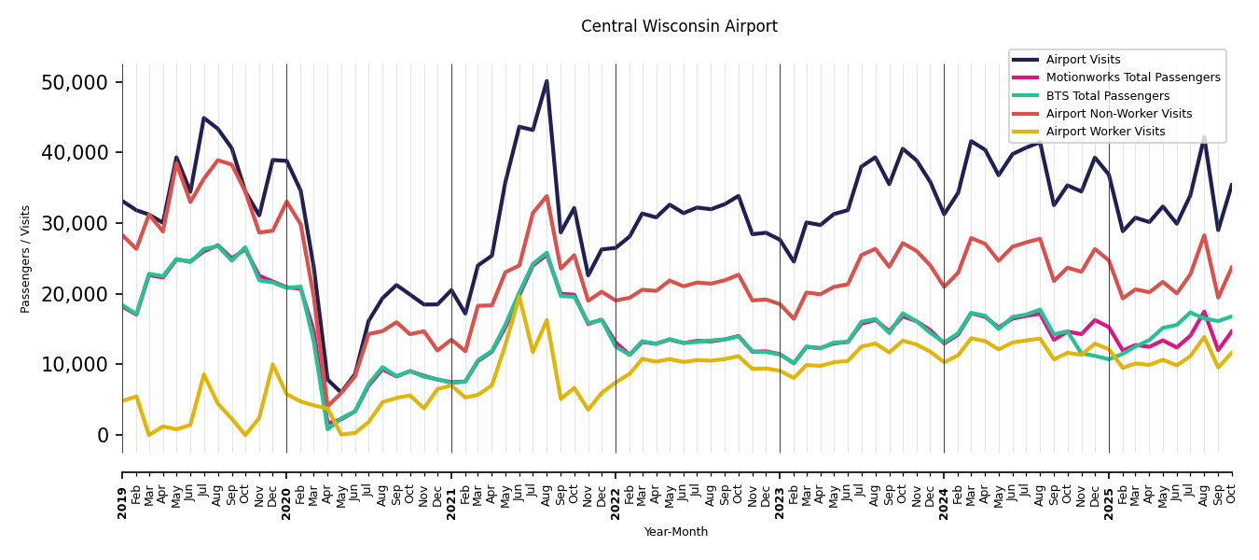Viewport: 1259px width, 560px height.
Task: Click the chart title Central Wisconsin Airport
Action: [679, 26]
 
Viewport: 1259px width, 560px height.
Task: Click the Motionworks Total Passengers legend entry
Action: [1132, 77]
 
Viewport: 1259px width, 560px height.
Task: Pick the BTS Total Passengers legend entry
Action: [1107, 96]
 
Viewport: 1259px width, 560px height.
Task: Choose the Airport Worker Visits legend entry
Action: [1105, 132]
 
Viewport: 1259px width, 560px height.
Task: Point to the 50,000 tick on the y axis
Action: [75, 82]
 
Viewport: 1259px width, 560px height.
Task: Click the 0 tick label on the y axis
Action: [103, 435]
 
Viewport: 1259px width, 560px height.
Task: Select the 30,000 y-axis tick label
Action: [75, 223]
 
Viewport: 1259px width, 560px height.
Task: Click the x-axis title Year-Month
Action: [676, 532]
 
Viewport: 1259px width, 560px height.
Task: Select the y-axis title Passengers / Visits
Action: [26, 259]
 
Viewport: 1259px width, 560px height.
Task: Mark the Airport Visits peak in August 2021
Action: [546, 81]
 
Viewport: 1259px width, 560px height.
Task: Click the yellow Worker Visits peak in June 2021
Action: [519, 296]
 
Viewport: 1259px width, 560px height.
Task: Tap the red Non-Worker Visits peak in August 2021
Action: [546, 196]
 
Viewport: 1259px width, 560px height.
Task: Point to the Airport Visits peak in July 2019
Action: [204, 118]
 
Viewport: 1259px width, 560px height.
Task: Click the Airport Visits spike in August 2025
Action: [1204, 137]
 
